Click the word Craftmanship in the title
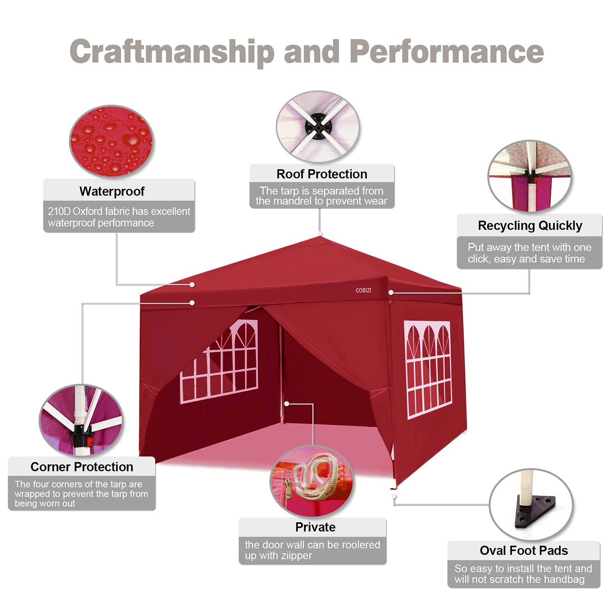click(x=172, y=52)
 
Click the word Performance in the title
click(x=447, y=51)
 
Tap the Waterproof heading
click(x=112, y=191)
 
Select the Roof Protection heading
click(x=322, y=174)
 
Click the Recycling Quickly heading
click(x=530, y=226)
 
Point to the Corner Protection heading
click(x=82, y=467)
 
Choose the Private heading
click(x=315, y=527)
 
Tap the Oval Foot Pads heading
click(x=524, y=550)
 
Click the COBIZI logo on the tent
click(x=363, y=290)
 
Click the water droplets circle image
click(x=111, y=141)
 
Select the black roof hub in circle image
click(x=318, y=127)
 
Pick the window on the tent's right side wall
click(x=428, y=370)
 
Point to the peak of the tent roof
click(x=320, y=236)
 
